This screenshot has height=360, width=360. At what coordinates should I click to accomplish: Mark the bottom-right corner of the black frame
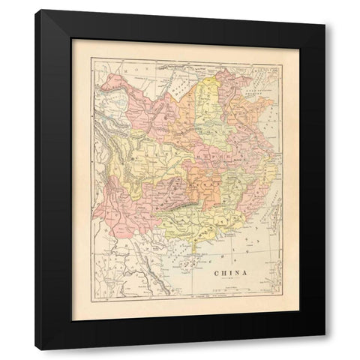(325, 349)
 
